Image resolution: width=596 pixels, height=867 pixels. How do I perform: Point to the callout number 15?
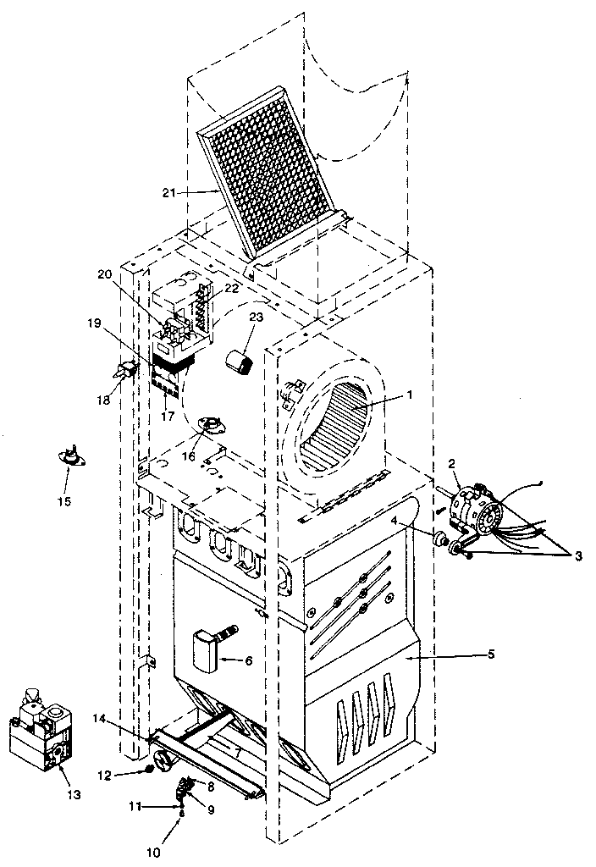(x=64, y=500)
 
